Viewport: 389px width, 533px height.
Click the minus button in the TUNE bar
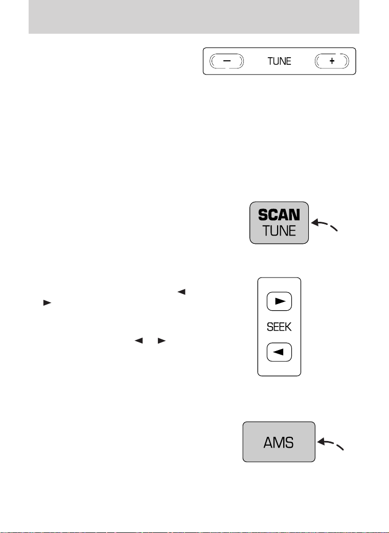click(227, 61)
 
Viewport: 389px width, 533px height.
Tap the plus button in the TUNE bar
click(332, 61)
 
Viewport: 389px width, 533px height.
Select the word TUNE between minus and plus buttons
click(279, 61)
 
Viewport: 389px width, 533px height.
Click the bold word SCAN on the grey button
click(279, 215)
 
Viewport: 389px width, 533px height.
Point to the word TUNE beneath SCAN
click(279, 231)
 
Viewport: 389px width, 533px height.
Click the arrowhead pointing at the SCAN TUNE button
click(315, 223)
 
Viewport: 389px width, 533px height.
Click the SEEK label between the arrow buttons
click(279, 327)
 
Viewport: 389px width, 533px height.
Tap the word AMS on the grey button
click(279, 443)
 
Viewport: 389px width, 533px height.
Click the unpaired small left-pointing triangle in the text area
click(181, 292)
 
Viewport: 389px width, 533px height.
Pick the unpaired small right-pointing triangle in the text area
click(47, 303)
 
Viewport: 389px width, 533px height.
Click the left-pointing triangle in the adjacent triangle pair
click(139, 340)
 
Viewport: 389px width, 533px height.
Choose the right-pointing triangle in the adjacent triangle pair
click(162, 340)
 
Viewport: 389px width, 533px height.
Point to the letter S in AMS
click(289, 443)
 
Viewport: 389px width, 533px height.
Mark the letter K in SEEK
click(288, 327)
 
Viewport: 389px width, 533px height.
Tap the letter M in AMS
click(279, 443)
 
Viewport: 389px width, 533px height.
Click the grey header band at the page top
click(194, 17)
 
